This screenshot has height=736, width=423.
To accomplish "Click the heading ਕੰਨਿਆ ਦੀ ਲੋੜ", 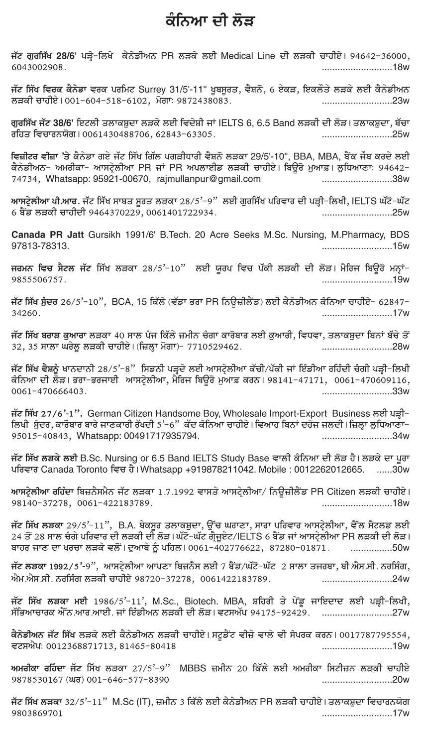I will pos(211,23).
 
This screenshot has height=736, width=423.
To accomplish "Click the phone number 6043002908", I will pos(36,66).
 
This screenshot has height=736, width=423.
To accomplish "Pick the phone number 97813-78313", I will pos(37,246).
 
